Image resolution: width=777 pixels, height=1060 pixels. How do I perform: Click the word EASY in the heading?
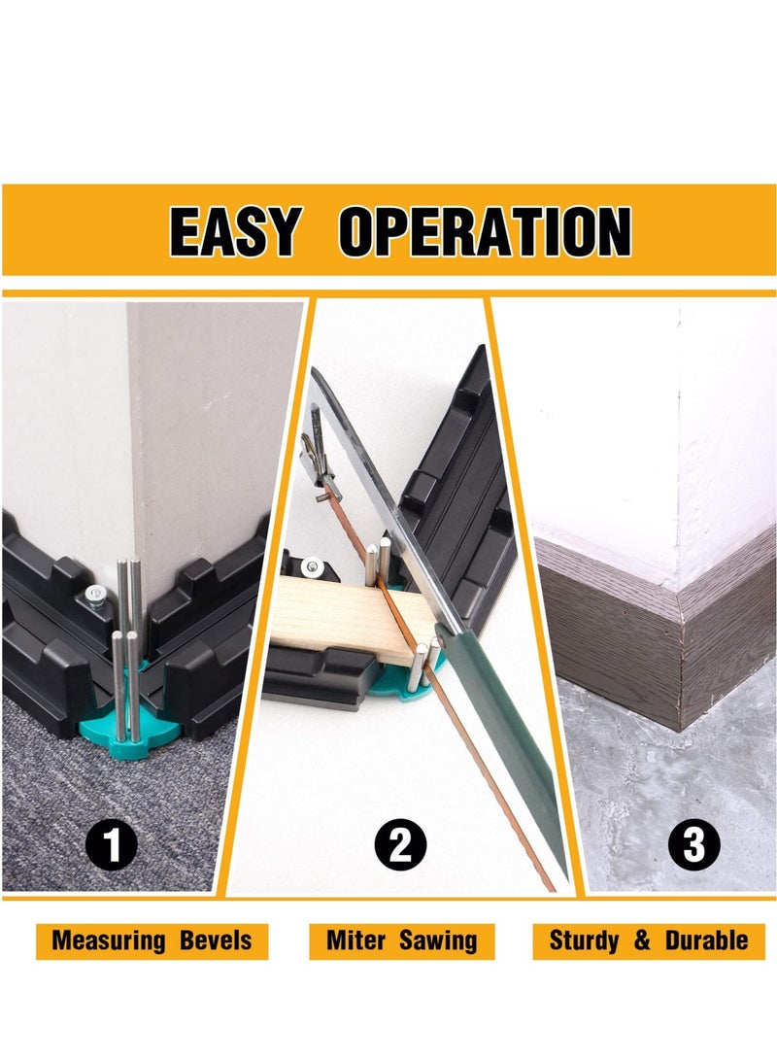coord(234,231)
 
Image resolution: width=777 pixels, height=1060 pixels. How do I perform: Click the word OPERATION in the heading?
coord(485,231)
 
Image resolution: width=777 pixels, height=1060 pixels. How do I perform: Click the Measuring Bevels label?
coord(152,940)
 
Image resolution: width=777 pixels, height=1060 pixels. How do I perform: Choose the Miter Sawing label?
coord(402,940)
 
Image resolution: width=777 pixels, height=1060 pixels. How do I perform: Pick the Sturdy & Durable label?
coord(649,940)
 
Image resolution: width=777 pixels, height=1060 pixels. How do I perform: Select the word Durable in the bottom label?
coord(706,940)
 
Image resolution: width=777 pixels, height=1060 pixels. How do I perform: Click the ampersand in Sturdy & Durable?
coord(642,940)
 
